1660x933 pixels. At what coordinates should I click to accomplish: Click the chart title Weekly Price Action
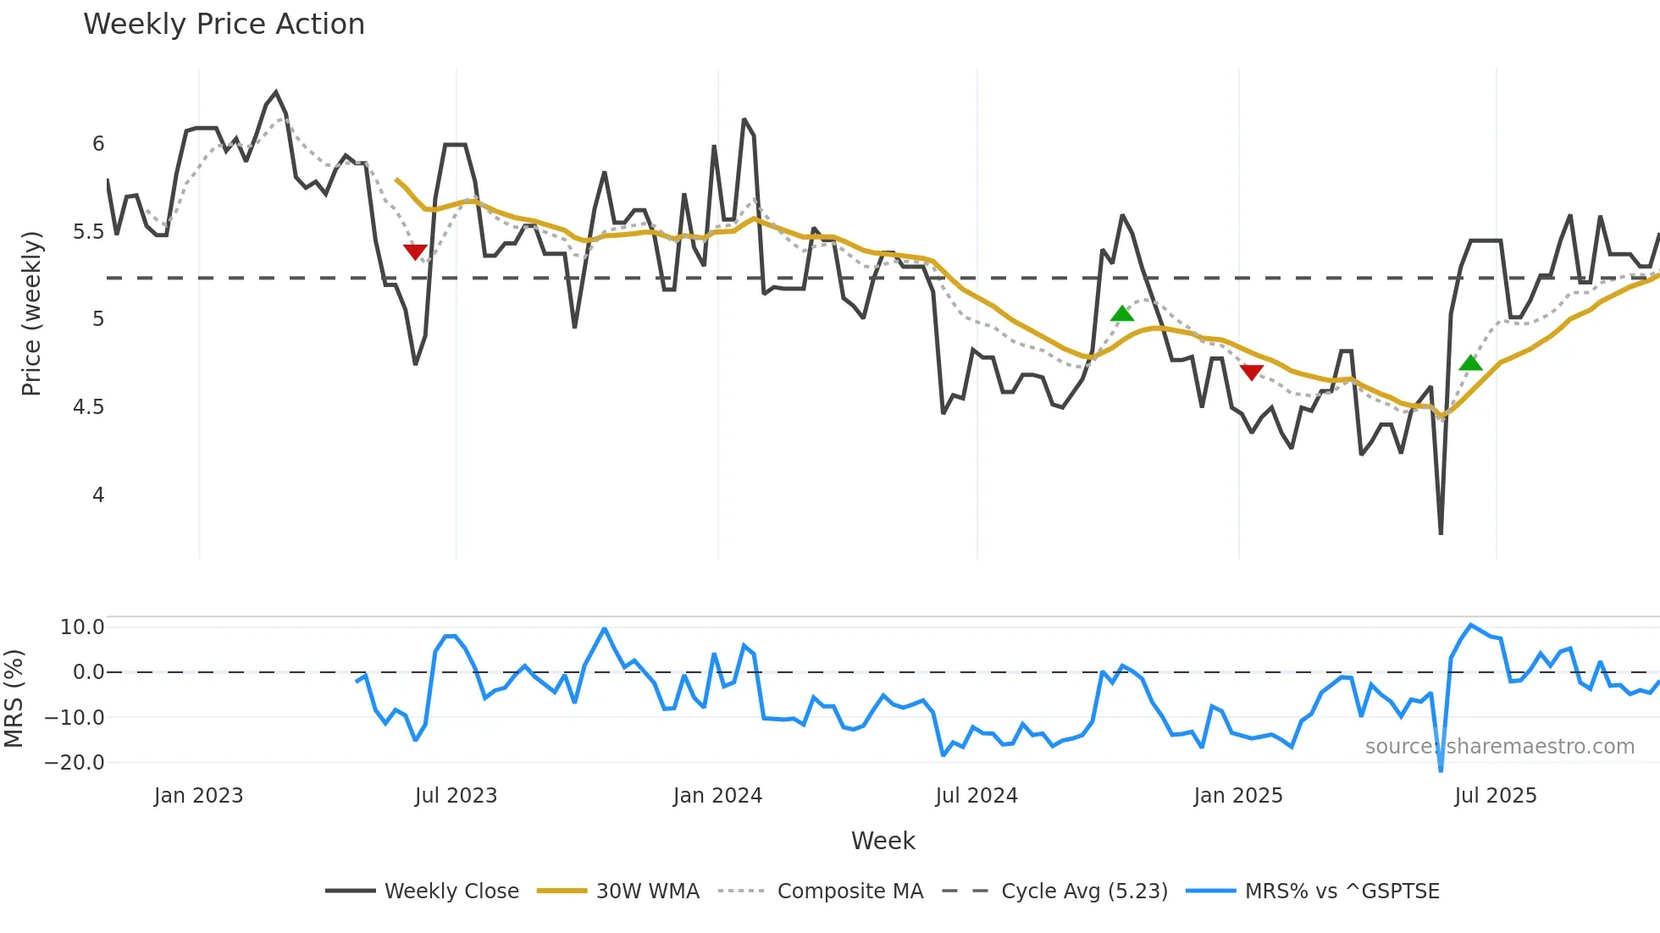click(224, 25)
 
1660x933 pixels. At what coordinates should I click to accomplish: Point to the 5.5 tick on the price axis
click(88, 232)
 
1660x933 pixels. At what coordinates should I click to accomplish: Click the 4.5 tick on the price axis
click(88, 407)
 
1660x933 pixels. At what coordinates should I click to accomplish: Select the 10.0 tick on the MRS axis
click(82, 627)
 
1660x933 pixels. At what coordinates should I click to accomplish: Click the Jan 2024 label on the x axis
click(717, 796)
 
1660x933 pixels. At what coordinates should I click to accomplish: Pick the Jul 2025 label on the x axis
click(1495, 796)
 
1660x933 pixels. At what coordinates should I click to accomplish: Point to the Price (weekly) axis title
click(31, 313)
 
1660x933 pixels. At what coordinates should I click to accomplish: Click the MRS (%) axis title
click(14, 698)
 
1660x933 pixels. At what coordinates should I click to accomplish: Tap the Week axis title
click(883, 841)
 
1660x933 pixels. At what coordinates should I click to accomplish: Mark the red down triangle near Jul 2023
click(415, 251)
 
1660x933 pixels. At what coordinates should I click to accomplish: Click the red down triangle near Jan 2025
click(1251, 372)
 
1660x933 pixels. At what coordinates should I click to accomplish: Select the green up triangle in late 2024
click(1121, 314)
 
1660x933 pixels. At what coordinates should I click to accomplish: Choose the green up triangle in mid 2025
click(1470, 363)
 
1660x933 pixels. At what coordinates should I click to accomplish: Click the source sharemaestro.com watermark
click(1499, 747)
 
